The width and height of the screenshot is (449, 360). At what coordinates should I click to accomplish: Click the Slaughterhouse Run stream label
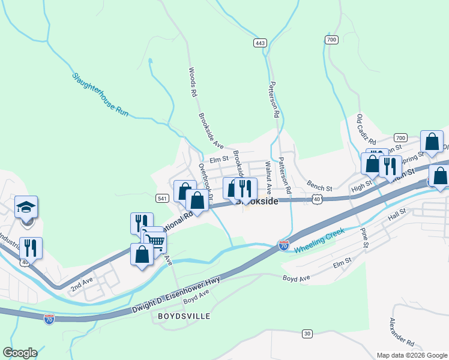click(x=101, y=94)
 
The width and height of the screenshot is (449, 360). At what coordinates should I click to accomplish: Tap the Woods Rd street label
click(x=193, y=82)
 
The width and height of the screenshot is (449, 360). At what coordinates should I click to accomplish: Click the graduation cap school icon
click(x=26, y=206)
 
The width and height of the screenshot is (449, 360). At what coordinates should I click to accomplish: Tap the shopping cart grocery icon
click(x=155, y=241)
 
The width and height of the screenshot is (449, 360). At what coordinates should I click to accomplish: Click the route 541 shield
click(x=161, y=198)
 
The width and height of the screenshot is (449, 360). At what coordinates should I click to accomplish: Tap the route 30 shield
click(x=307, y=334)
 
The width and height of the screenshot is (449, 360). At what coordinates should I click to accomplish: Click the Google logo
click(x=20, y=353)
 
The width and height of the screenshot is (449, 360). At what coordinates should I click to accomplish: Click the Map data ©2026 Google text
click(x=411, y=355)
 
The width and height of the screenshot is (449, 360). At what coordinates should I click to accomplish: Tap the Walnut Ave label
click(x=269, y=176)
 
